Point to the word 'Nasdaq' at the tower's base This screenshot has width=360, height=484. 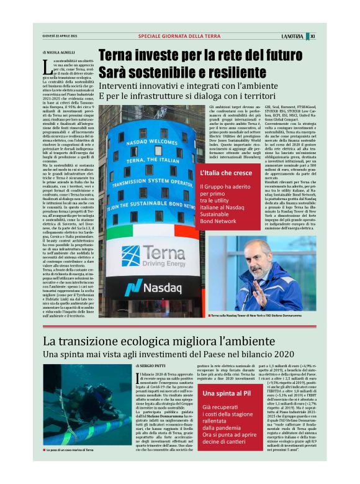click(163, 288)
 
